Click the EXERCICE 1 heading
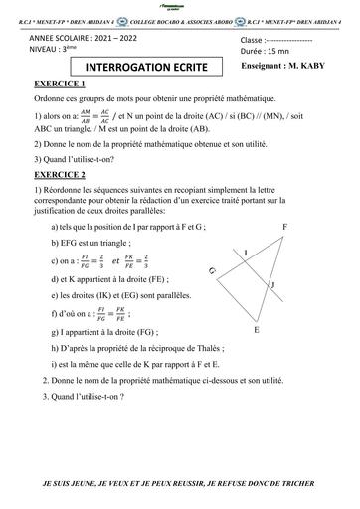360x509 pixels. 61,86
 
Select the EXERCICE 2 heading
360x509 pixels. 61,175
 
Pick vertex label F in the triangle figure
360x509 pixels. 313,228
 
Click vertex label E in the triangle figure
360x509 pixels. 257,356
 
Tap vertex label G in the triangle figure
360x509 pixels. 212,270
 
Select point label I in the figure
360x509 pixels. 246,254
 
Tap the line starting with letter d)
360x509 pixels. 118,280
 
